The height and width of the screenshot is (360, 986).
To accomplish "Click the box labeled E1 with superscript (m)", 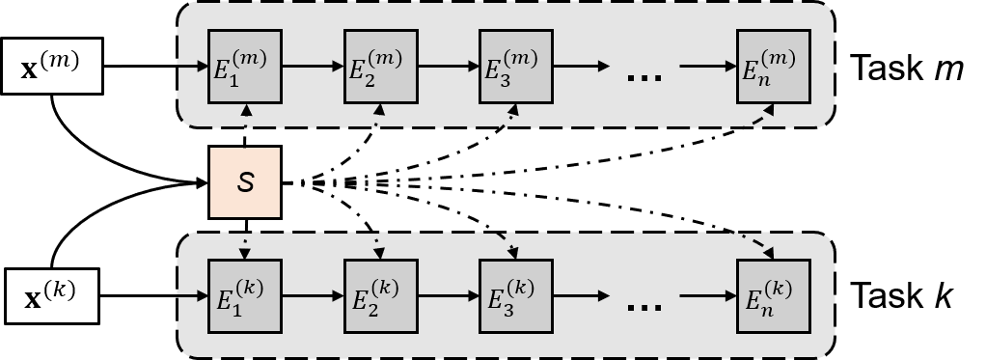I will click(245, 67).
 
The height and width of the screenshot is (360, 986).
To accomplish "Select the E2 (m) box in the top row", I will click(381, 67).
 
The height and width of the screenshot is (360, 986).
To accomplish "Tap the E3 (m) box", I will click(516, 67).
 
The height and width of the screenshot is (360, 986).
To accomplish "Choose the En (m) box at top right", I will click(773, 67).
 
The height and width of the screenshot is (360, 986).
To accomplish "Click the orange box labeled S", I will click(245, 181).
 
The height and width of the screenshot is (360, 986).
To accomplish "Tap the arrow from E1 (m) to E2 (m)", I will click(313, 67).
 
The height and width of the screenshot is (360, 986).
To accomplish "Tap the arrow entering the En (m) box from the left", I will click(707, 67).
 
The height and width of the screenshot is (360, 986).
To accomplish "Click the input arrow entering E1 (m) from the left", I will click(193, 67).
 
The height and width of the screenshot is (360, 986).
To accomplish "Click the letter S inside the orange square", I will click(245, 182).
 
